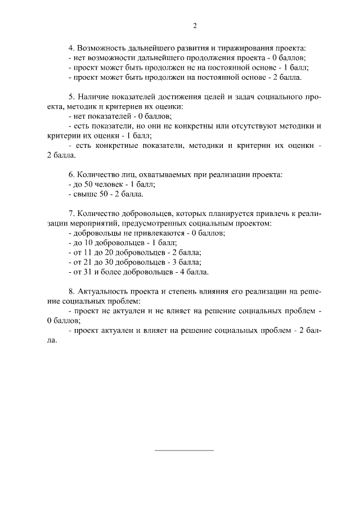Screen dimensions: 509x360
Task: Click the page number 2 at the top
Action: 195,25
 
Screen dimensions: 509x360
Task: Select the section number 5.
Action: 70,97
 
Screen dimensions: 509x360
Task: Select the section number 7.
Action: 70,214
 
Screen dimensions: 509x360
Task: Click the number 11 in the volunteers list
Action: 88,253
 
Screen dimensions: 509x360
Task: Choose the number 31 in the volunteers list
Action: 88,272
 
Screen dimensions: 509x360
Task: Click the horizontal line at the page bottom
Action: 184,451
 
